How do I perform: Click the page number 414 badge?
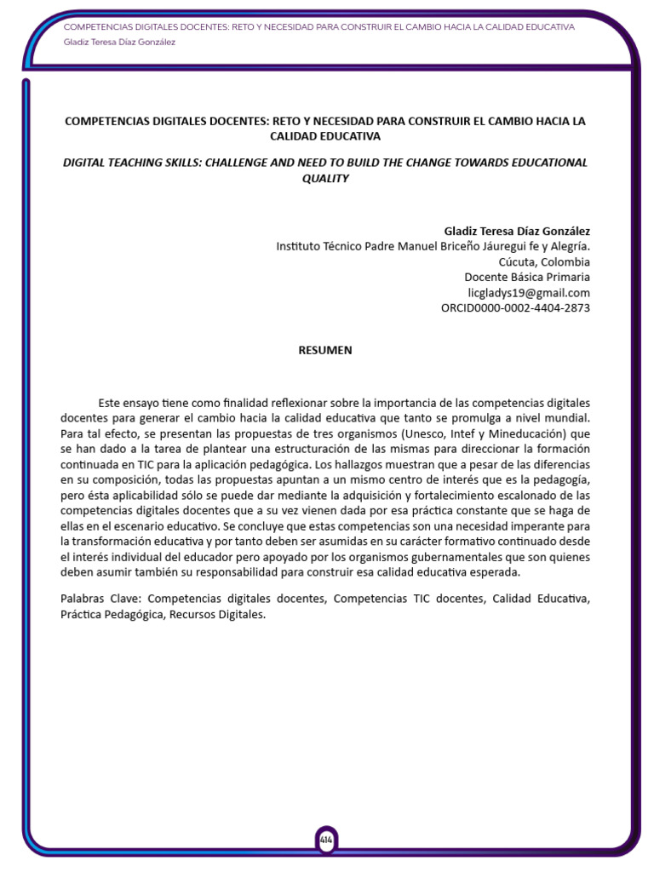[326, 839]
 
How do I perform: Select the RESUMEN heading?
[324, 350]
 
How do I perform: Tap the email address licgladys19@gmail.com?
[529, 292]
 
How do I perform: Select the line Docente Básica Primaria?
[526, 277]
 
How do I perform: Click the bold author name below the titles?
[517, 231]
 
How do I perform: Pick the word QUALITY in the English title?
[325, 178]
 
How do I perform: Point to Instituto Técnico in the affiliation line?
[318, 246]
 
